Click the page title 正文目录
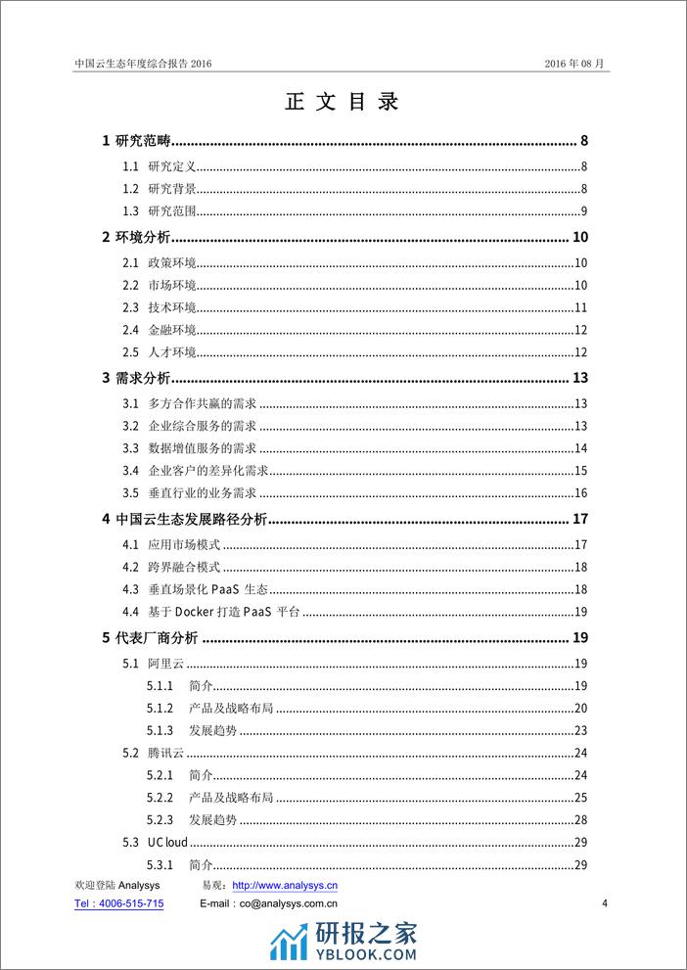pyautogui.click(x=343, y=103)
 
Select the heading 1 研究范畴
pyautogui.click(x=138, y=141)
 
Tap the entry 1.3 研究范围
pyautogui.click(x=172, y=212)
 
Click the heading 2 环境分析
pyautogui.click(x=137, y=237)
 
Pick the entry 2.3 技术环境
pyautogui.click(x=171, y=308)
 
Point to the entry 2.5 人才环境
pyautogui.click(x=171, y=352)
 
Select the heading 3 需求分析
pyautogui.click(x=137, y=379)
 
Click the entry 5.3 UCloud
pyautogui.click(x=167, y=842)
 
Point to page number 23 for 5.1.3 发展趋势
pyautogui.click(x=579, y=730)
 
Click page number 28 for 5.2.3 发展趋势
pyautogui.click(x=579, y=819)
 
